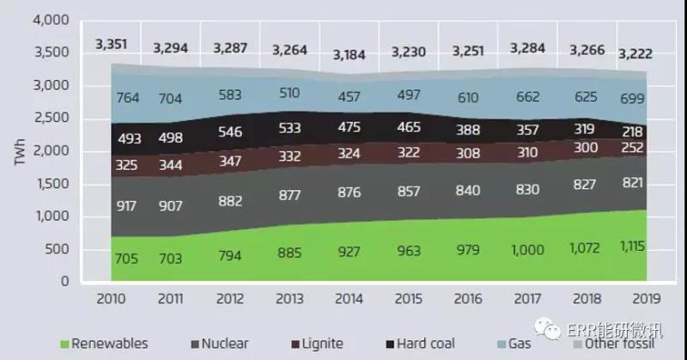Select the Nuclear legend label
pyautogui.click(x=224, y=344)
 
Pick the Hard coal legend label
pyautogui.click(x=427, y=344)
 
